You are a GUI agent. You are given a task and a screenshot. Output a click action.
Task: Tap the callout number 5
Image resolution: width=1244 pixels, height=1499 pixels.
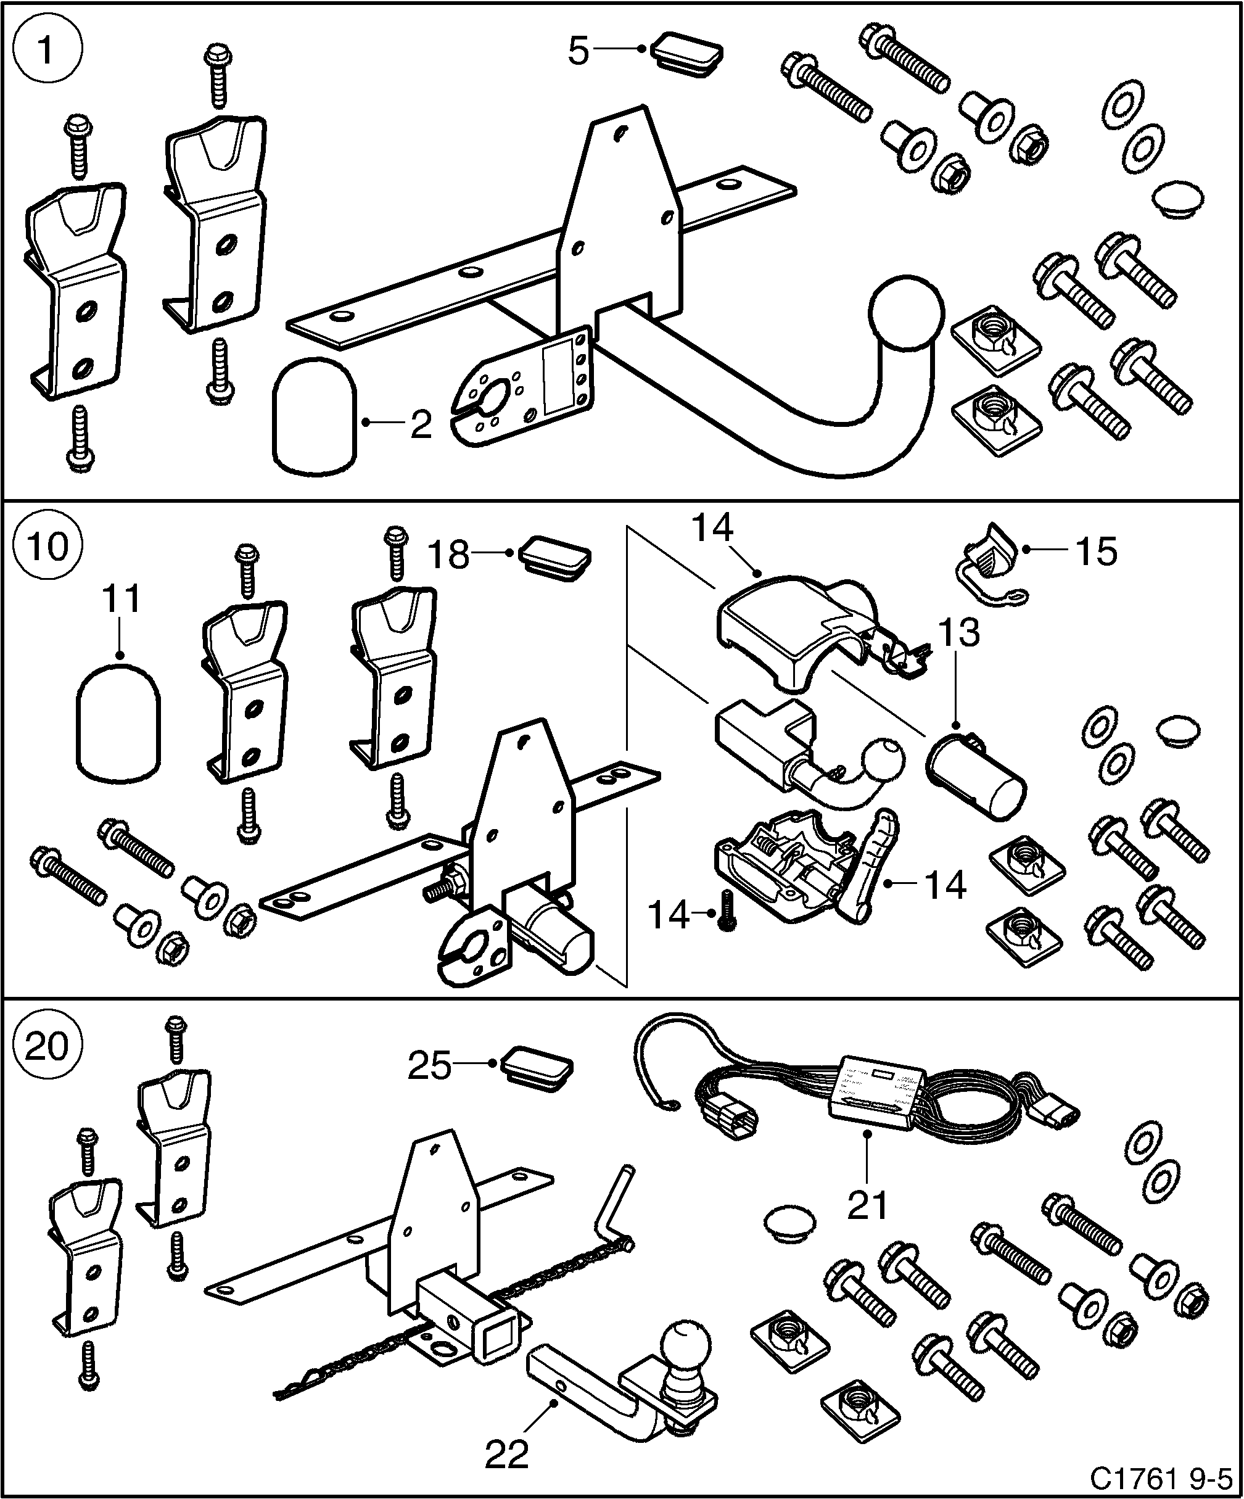click(578, 51)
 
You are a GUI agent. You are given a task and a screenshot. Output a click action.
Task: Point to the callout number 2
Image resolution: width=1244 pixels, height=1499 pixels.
click(421, 424)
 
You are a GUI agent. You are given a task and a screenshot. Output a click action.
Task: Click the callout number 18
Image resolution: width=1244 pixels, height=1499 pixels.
click(449, 555)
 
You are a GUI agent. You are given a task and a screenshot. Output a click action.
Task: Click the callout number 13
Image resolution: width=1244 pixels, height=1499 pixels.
click(958, 632)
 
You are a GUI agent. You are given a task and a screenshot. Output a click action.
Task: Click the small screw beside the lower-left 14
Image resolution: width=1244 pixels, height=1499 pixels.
click(727, 911)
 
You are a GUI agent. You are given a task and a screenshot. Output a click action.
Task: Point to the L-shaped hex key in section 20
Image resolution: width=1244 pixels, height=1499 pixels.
click(614, 1213)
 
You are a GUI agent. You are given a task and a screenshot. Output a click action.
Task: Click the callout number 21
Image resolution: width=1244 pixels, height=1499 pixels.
click(867, 1205)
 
